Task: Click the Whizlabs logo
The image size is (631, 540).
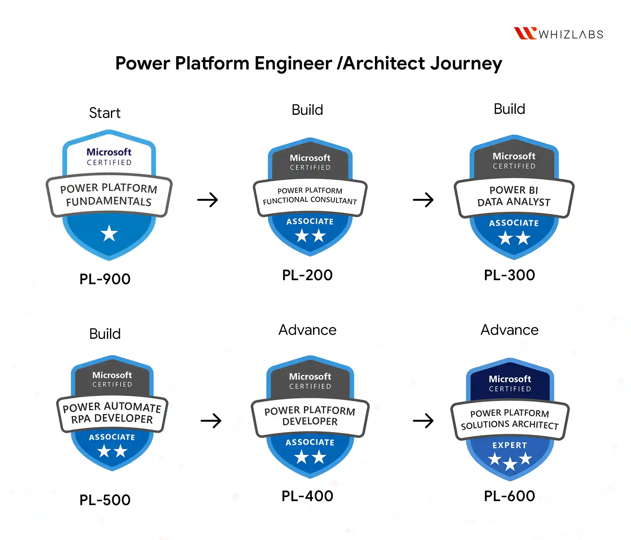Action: [x=559, y=33]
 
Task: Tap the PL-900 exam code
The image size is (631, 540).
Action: [x=105, y=279]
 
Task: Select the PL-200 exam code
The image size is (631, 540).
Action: [x=307, y=275]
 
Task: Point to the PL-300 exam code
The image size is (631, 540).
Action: [x=510, y=275]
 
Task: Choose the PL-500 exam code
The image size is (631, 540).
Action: [x=105, y=500]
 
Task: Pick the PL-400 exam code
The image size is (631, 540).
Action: [x=307, y=496]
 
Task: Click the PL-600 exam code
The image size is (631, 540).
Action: [x=510, y=496]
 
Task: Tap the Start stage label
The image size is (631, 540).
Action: [x=105, y=113]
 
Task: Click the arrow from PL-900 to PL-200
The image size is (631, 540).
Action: [x=208, y=200]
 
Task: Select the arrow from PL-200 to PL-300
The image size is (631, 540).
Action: [x=423, y=200]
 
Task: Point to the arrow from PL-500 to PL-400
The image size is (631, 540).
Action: [x=211, y=421]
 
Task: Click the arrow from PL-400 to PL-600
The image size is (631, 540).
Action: [x=423, y=421]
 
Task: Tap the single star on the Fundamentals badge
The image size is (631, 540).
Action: [x=109, y=233]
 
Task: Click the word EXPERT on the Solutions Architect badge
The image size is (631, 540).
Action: [x=510, y=445]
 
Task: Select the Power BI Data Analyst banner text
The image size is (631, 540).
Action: [x=514, y=196]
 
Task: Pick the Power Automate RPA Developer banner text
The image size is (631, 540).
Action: [x=112, y=413]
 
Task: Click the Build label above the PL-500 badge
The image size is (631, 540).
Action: [x=105, y=334]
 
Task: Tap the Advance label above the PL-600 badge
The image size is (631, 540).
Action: [x=510, y=330]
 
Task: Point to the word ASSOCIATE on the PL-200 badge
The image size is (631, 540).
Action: [x=310, y=222]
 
